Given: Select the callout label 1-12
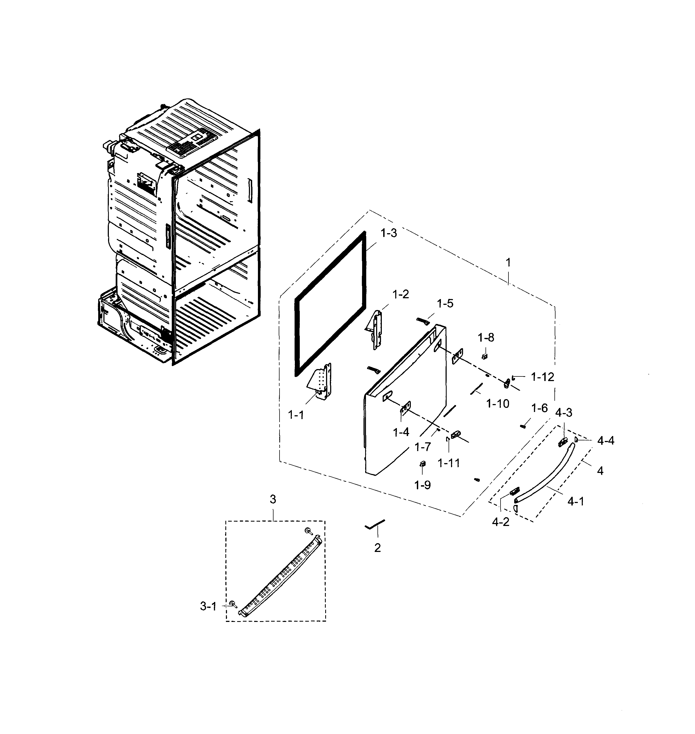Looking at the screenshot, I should pos(542,377).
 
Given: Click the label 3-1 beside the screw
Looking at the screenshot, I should pos(208,606).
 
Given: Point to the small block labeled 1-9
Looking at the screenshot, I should pos(422,463).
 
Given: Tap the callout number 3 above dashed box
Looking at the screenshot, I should pos(273,499).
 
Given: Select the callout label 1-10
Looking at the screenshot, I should pos(498,404).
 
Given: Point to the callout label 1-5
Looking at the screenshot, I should pos(445,304).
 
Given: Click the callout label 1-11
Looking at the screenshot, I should pos(449,463).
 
